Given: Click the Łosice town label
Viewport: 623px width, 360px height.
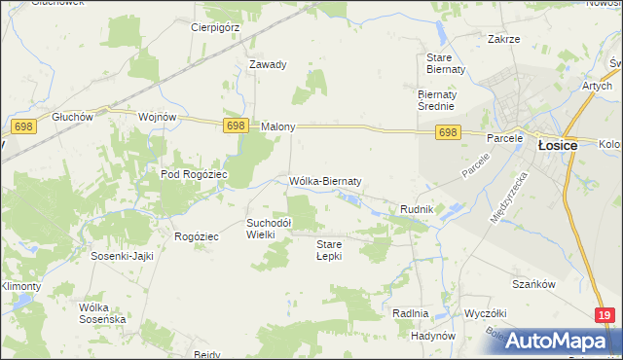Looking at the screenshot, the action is pos(557,145).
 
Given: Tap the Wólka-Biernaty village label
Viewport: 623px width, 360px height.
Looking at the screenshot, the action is pos(326,181).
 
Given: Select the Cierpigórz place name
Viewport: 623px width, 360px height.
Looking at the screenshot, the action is pos(215,27).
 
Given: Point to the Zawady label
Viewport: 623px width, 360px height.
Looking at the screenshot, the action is pos(268,65).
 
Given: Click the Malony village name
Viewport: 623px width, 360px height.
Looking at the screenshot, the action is pos(278,127).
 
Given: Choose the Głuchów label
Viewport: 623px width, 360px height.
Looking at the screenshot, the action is pos(73,116).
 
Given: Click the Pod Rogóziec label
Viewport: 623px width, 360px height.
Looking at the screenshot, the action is pos(194,174).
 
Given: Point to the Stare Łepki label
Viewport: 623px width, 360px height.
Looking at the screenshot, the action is pos(331,250).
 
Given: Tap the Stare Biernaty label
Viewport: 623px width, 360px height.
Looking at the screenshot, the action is pos(447,63).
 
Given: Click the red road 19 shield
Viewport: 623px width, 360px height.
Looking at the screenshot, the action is pos(605,314).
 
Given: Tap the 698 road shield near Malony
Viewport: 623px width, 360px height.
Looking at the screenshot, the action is pos(236,126).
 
